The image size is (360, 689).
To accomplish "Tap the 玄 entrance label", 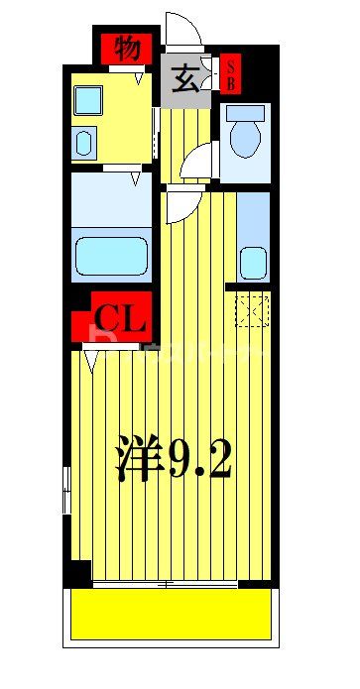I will click(x=184, y=77).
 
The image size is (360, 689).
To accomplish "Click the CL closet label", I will click(x=121, y=317).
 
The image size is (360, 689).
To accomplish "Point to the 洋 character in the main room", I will click(x=138, y=458).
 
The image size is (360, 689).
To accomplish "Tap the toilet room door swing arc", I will click(x=201, y=159).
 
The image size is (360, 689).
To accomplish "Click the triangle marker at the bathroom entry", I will click(x=135, y=179).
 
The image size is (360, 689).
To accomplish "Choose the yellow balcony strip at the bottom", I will click(x=170, y=613).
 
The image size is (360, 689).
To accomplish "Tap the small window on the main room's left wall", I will click(x=66, y=490).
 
